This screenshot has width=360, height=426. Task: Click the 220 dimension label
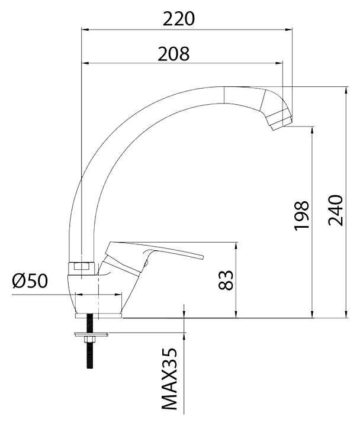(x=179, y=19)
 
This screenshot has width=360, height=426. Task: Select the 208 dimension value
(x=173, y=53)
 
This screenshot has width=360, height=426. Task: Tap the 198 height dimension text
(x=302, y=216)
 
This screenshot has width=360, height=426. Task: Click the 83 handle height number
(x=226, y=280)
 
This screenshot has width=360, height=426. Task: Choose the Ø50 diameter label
(x=30, y=280)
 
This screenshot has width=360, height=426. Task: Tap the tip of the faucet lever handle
(x=202, y=257)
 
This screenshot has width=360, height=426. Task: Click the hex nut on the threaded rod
(x=89, y=340)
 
